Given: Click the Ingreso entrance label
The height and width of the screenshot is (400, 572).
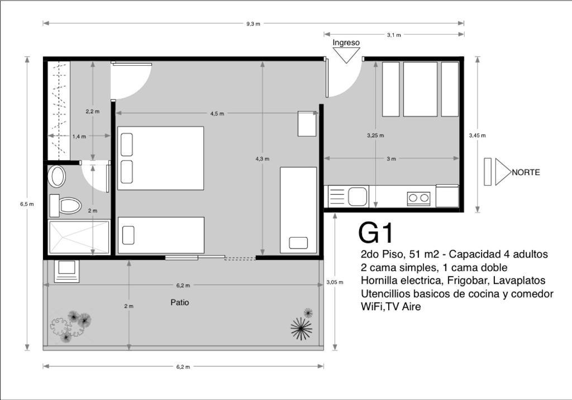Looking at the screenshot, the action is pyautogui.click(x=346, y=42).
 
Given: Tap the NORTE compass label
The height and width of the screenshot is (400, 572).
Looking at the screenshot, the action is pyautogui.click(x=526, y=172).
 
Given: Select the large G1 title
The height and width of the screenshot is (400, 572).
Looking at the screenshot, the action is pyautogui.click(x=376, y=233).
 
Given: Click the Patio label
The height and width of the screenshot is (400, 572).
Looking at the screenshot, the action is pyautogui.click(x=180, y=302).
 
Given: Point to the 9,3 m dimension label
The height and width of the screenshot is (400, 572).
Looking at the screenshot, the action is pyautogui.click(x=253, y=24).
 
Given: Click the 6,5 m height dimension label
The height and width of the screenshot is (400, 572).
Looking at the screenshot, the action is pyautogui.click(x=27, y=204).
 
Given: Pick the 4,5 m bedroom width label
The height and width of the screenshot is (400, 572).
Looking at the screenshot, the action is pyautogui.click(x=217, y=113).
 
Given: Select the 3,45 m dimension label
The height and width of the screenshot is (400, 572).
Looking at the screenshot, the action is pyautogui.click(x=477, y=135).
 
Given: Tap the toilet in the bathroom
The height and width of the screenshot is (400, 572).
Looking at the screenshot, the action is pyautogui.click(x=66, y=205).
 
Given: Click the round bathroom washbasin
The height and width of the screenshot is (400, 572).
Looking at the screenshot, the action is pyautogui.click(x=57, y=176).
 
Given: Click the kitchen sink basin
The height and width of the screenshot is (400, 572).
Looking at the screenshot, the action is pyautogui.click(x=357, y=196).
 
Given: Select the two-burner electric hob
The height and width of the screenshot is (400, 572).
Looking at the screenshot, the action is pyautogui.click(x=419, y=198).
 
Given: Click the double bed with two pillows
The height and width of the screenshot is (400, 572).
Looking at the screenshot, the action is pyautogui.click(x=160, y=158).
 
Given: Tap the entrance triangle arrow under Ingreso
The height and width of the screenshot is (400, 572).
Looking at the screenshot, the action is pyautogui.click(x=346, y=55).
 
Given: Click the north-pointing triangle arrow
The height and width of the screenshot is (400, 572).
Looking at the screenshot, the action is pyautogui.click(x=503, y=172).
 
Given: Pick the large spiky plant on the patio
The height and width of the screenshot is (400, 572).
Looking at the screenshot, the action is pyautogui.click(x=301, y=329).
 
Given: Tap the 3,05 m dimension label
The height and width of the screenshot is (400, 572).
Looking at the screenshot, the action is pyautogui.click(x=335, y=282).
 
